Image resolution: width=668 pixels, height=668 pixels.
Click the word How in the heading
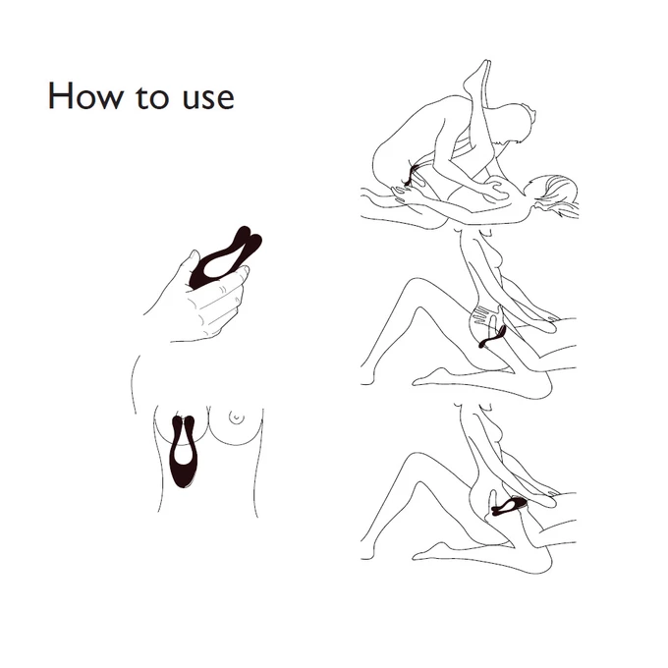[84, 96]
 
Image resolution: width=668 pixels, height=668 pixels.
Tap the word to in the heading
[151, 97]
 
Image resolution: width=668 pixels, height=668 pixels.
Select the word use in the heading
[208, 98]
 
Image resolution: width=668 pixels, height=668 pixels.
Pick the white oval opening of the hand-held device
[218, 268]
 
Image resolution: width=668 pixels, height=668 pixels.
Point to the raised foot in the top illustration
[478, 77]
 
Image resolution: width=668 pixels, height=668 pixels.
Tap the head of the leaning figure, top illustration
[523, 124]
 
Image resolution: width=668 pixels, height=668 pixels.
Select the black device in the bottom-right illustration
[509, 507]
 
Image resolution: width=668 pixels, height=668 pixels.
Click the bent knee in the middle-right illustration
[417, 283]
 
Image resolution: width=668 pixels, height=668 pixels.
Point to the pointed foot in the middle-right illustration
[426, 379]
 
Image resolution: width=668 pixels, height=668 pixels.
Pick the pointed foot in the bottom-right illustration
[426, 553]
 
